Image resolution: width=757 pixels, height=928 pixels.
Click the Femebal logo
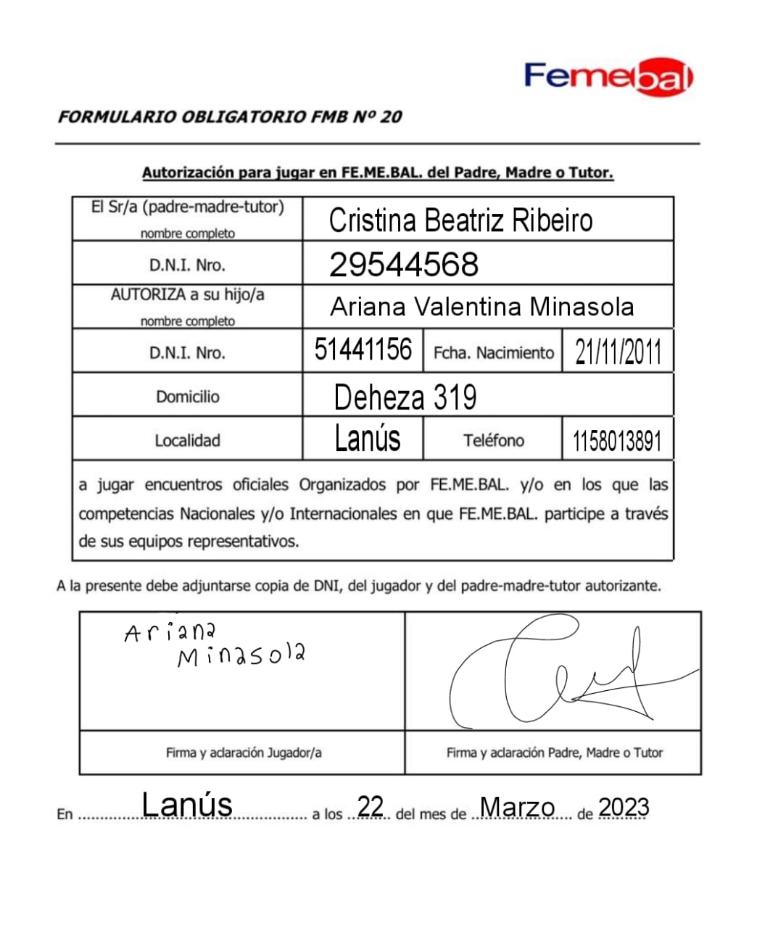608,78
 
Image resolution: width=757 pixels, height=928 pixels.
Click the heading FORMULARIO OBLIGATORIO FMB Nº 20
230,117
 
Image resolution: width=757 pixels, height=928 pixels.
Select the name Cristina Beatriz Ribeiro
460,220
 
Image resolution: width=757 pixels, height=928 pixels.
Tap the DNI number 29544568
404,265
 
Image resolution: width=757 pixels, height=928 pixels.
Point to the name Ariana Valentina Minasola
481,307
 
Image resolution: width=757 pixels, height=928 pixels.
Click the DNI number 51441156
363,350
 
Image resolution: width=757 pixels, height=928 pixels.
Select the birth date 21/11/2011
618,352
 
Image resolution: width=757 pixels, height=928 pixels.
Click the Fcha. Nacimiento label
493,353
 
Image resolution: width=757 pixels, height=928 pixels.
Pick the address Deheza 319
405,397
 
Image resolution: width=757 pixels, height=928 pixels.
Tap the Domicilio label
187,397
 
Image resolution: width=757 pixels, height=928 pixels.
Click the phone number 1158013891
617,441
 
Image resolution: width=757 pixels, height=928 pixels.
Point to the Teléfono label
493,440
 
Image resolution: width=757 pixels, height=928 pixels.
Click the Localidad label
187,440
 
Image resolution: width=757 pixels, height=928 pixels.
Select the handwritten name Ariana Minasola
216,644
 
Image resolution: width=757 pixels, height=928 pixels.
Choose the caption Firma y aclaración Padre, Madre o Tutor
554,753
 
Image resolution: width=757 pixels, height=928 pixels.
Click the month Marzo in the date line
517,807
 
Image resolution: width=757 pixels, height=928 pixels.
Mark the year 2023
624,807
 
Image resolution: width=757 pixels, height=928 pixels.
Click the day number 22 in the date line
370,806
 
